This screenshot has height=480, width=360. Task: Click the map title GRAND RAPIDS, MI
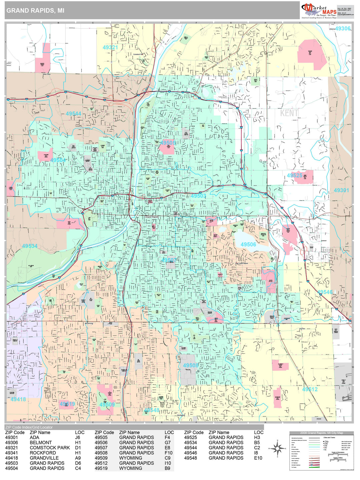pos(35,10)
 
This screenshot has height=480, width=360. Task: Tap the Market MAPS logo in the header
pos(319,10)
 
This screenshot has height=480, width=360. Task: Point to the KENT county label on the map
pos(289,113)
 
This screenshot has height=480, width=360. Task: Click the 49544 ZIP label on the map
pos(73,114)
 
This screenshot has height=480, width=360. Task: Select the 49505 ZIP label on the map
pos(168,143)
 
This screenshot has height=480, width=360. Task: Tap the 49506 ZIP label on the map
pos(248,244)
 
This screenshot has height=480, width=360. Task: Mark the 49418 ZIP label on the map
pos(18,399)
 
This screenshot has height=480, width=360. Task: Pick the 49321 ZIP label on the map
pos(110,47)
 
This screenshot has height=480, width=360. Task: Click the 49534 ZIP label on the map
pos(30,246)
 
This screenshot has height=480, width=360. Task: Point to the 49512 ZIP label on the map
pos(310,389)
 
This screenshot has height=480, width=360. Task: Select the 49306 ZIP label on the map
pos(343,29)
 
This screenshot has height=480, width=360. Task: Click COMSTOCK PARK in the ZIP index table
pos(50,448)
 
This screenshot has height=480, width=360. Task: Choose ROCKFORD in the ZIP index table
pos(43,453)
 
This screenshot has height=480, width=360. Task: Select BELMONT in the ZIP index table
pos(41,443)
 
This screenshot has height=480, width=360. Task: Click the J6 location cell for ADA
pos(77,437)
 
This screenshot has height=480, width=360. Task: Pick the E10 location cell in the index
pos(258,458)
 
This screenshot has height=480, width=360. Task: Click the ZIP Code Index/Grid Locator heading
pos(29,427)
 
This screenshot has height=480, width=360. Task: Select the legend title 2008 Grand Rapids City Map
pos(321,433)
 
